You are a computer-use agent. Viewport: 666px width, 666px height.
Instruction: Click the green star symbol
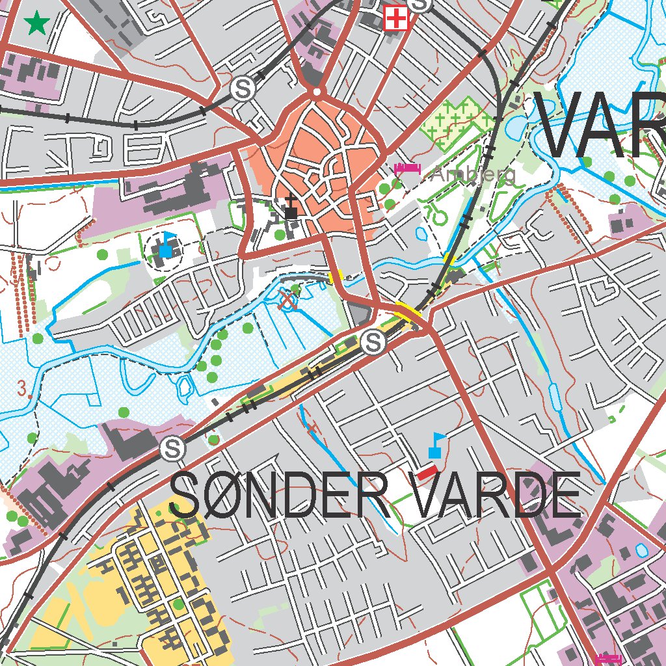(37, 24)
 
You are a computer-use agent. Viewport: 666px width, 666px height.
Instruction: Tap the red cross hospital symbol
(395, 18)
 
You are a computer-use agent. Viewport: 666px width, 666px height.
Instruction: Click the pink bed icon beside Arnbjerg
(407, 170)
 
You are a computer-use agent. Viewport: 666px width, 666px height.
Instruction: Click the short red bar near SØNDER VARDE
(427, 473)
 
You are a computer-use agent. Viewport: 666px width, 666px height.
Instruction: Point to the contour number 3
(25, 389)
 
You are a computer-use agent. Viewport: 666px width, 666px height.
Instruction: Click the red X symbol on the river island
(288, 300)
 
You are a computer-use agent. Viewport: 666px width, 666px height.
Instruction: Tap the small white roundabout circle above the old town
(317, 93)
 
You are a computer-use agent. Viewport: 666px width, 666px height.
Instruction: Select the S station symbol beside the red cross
(422, 4)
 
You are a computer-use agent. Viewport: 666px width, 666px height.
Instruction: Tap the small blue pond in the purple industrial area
(642, 550)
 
